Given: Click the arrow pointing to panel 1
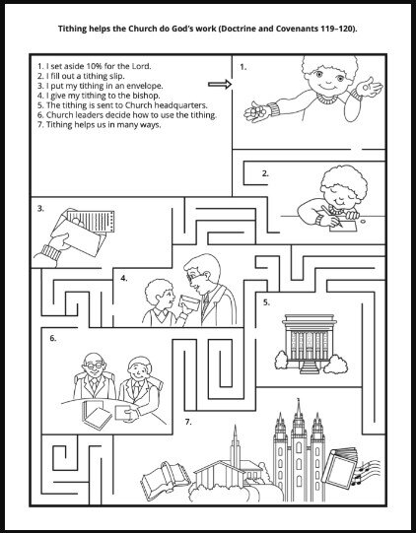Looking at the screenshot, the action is pos(220,85).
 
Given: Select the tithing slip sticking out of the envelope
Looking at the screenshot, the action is pos(91,222).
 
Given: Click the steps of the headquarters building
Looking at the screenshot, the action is pos(309,367).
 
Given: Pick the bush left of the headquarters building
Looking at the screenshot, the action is pos(282,360).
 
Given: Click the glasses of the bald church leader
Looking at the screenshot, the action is pos(94,366).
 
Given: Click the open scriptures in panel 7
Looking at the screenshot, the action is pos(165,479).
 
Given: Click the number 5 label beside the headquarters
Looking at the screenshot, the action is pos(266,302).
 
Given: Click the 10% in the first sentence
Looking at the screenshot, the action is pos(94,66).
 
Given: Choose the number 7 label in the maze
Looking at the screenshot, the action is pos(188,422).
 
